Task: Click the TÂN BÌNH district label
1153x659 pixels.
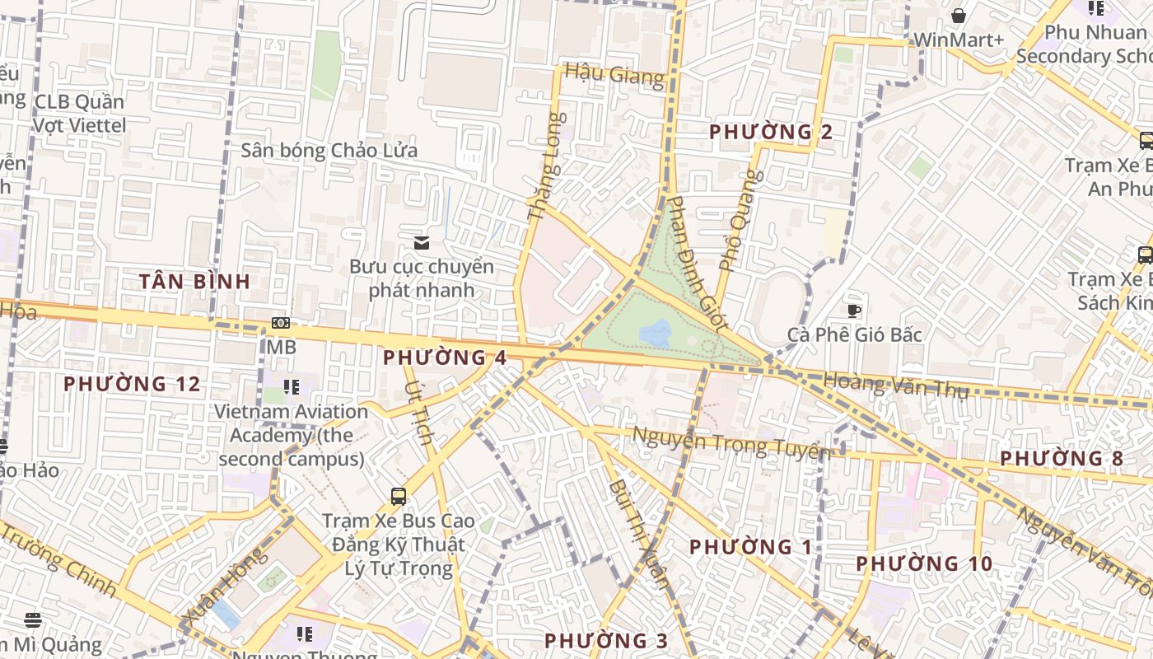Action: pos(194,282)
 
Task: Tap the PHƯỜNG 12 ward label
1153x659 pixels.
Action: pos(132,384)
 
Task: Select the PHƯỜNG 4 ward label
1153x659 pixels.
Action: pos(445,358)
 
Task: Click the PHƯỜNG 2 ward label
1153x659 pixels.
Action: pos(771,132)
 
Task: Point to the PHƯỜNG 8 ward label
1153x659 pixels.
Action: pos(1062,459)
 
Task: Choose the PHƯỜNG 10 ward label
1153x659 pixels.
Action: pos(924,564)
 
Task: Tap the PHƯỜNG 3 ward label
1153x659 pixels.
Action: pos(606,641)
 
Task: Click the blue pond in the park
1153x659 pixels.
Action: pos(656,334)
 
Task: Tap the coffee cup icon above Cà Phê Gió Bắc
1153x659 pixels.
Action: pos(854,311)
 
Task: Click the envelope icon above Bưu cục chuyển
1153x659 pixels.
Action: pos(422,242)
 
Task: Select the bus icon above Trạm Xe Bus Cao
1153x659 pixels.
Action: pos(399,496)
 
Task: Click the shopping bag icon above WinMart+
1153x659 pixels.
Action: pos(959,16)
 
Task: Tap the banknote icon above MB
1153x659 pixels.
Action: pos(281,324)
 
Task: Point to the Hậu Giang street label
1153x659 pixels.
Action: pos(614,75)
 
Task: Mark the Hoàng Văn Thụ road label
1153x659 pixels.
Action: pos(895,385)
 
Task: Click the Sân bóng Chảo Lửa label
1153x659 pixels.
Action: pos(329,151)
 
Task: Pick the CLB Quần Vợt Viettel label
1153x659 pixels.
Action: pos(79,114)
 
